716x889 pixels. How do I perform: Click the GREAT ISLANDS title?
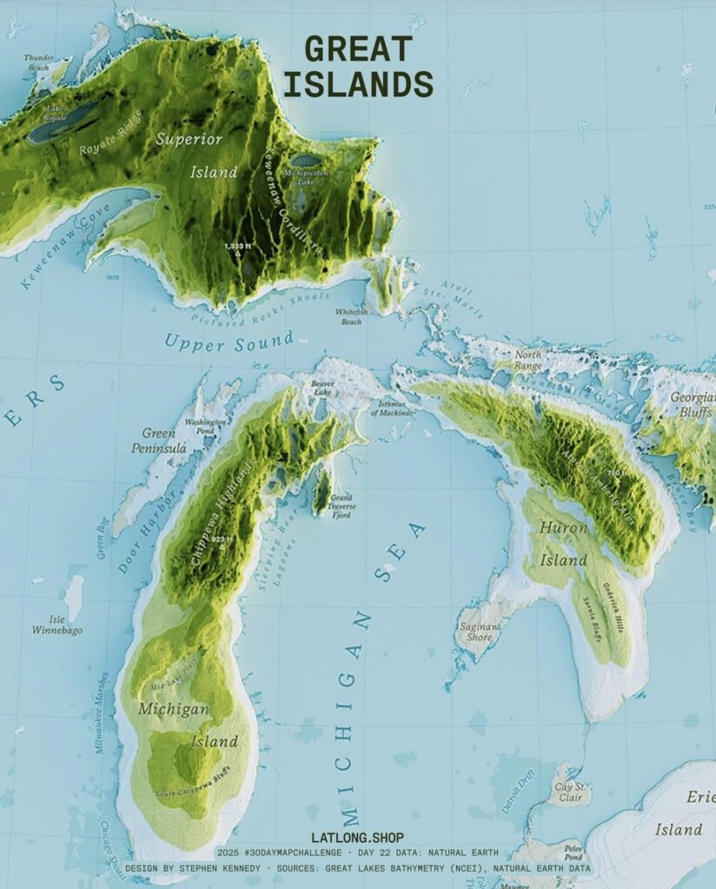pyautogui.click(x=358, y=67)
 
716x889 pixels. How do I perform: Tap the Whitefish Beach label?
pyautogui.click(x=351, y=317)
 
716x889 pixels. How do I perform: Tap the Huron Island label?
pyautogui.click(x=563, y=543)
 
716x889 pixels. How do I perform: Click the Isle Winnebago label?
pyautogui.click(x=57, y=624)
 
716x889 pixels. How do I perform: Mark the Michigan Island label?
pyautogui.click(x=186, y=725)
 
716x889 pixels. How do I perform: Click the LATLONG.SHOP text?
pyautogui.click(x=357, y=839)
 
